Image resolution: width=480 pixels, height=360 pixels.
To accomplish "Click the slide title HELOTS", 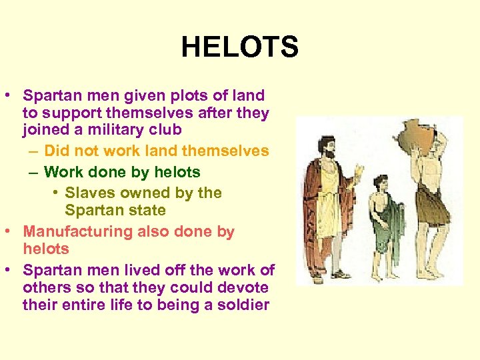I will [x=239, y=47].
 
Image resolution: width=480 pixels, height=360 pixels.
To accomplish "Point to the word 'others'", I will [x=45, y=288].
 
